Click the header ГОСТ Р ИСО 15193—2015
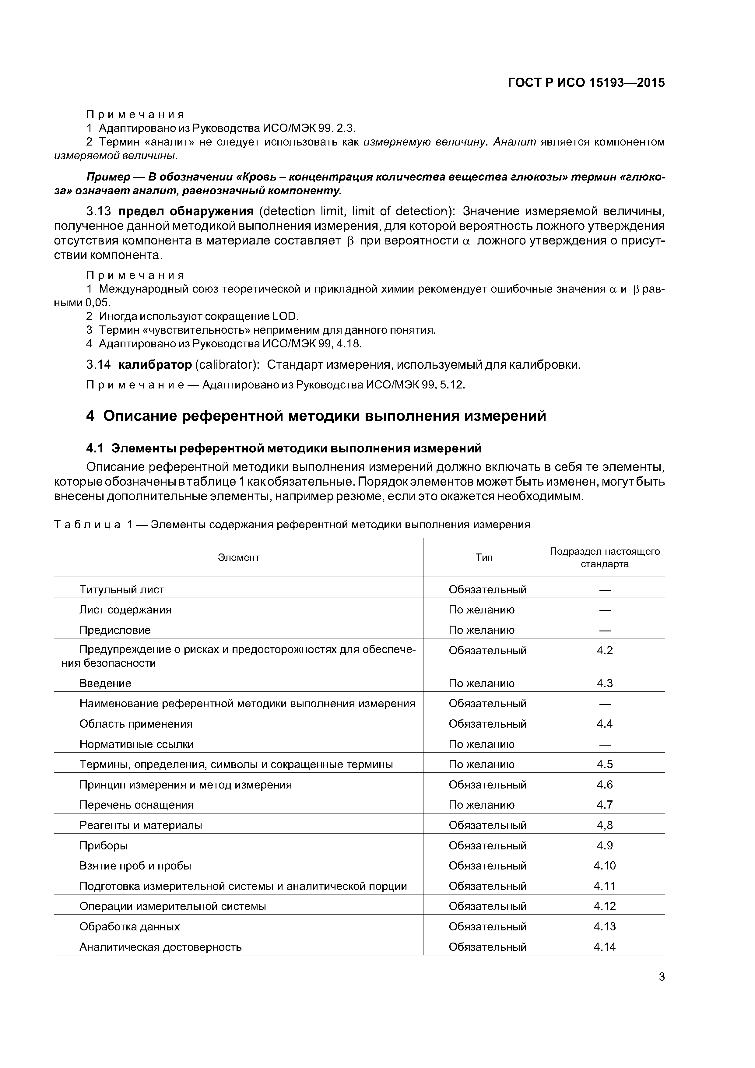point(586,83)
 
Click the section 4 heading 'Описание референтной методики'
point(316,415)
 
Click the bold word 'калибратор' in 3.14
point(155,365)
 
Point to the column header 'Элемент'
point(239,557)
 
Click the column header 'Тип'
point(484,557)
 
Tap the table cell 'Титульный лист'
point(122,589)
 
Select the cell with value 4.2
point(604,650)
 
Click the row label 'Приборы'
point(103,845)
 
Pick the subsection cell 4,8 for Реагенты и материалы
point(604,825)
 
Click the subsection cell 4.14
point(604,947)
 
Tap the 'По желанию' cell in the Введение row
point(482,683)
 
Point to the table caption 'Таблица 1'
point(93,525)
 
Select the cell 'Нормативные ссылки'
point(136,744)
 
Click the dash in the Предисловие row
point(604,630)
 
